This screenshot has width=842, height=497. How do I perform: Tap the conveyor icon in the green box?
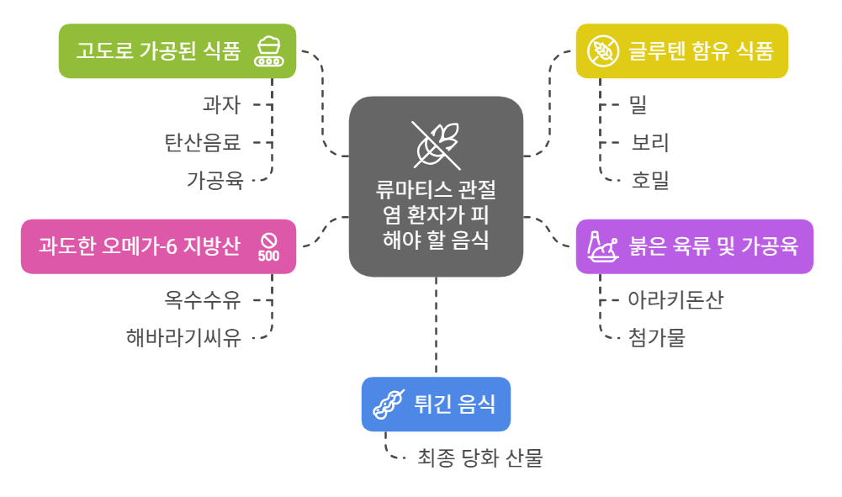269,51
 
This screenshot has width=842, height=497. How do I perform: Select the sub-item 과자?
221,105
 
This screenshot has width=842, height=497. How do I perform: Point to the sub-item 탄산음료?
203,142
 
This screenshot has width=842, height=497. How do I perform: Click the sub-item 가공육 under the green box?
214,179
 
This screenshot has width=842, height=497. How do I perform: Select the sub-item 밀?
638,105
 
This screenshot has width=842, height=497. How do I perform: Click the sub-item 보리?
650,142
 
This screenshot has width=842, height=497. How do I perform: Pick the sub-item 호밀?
650,179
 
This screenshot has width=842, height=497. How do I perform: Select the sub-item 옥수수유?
203,299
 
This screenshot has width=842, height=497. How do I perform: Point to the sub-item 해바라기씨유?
184,337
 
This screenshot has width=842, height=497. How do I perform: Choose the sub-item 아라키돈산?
675,299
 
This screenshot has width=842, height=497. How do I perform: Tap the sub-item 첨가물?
657,337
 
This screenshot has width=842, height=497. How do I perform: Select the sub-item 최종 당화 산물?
480,458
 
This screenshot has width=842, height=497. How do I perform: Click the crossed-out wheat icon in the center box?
436,142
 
